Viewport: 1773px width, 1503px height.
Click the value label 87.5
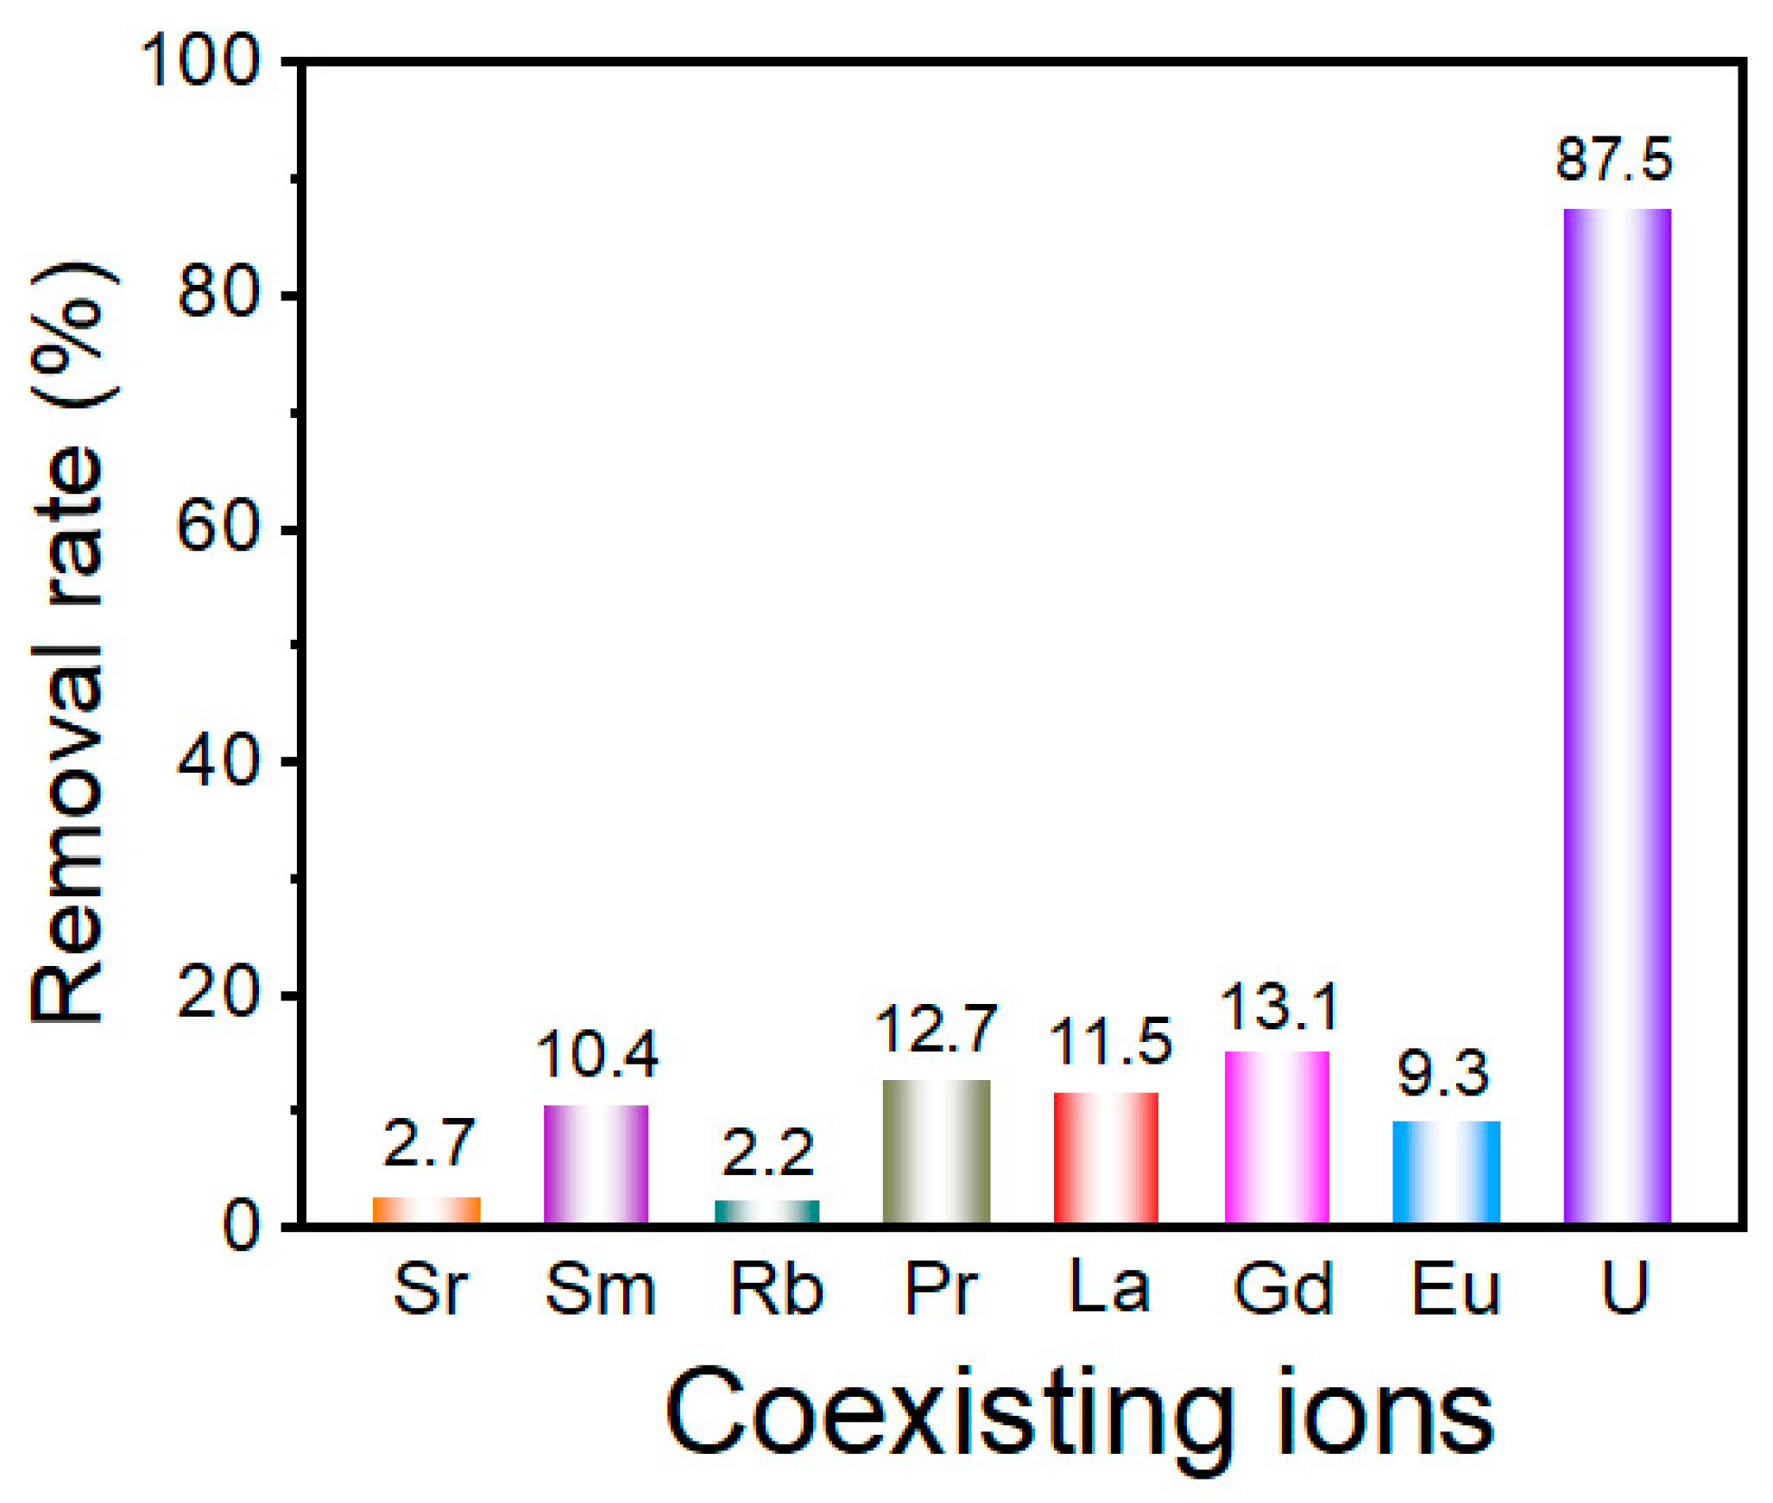1614,160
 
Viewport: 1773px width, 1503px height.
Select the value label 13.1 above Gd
1281,1007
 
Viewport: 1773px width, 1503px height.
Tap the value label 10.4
597,1055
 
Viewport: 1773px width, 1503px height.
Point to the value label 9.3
1443,1075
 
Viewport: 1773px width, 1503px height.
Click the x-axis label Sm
600,1290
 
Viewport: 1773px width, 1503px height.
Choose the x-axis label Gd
1283,1290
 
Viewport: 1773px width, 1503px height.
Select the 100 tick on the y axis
201,62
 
